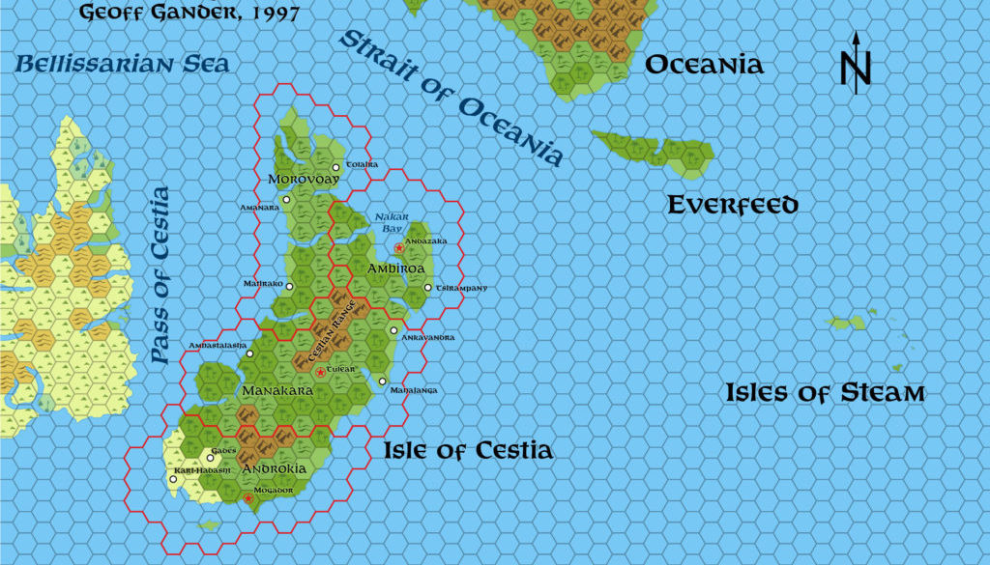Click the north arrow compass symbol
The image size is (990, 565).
(x=856, y=63)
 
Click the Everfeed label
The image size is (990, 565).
(x=734, y=205)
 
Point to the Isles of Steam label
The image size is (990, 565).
(x=826, y=393)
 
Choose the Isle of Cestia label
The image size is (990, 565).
(x=468, y=450)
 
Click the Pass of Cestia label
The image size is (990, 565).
(x=160, y=275)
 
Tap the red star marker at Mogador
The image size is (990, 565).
(x=248, y=498)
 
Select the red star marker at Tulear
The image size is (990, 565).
(x=321, y=372)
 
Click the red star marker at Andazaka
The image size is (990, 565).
(x=398, y=248)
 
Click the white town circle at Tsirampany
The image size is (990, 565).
(x=428, y=287)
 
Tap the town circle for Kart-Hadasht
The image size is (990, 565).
(x=173, y=479)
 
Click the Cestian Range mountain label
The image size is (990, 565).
(x=334, y=333)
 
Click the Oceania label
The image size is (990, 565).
(x=704, y=65)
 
